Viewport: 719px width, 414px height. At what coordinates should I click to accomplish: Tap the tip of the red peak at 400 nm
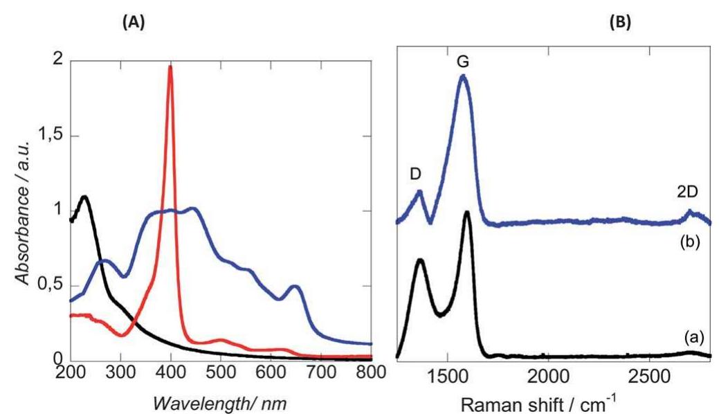click(x=170, y=66)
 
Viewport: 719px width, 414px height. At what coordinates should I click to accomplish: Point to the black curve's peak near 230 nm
click(x=85, y=197)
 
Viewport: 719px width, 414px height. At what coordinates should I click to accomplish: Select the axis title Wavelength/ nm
click(x=221, y=400)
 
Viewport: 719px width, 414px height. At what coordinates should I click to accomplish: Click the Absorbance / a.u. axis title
click(x=24, y=210)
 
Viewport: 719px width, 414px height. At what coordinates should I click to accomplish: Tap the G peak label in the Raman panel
click(x=462, y=61)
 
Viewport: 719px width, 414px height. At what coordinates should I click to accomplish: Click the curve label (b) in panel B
click(x=693, y=244)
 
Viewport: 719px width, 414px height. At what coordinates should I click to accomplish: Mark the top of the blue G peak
click(x=463, y=77)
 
